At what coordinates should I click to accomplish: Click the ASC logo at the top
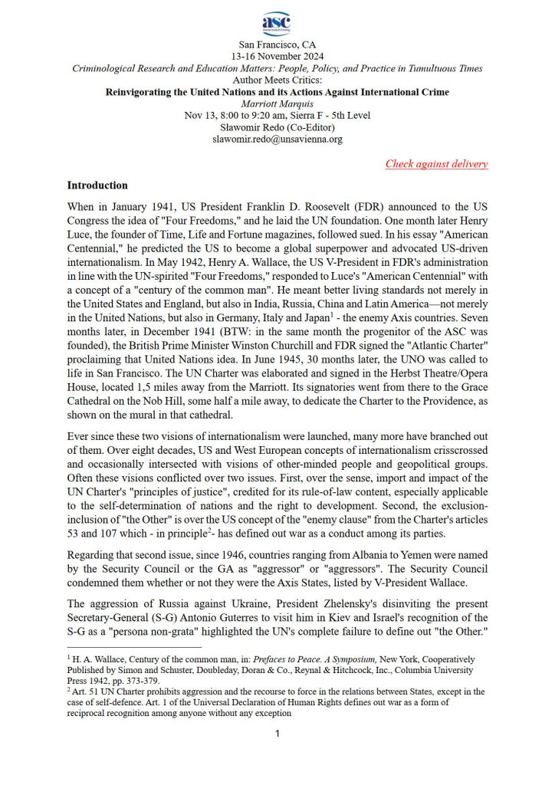pyautogui.click(x=277, y=24)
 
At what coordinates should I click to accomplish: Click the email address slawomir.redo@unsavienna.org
pyautogui.click(x=277, y=140)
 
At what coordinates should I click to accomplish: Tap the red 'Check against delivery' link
pyautogui.click(x=436, y=163)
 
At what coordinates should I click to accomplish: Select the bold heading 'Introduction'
pyautogui.click(x=97, y=186)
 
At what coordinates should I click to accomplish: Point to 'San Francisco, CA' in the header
pyautogui.click(x=277, y=45)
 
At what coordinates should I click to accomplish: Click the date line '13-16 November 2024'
pyautogui.click(x=277, y=57)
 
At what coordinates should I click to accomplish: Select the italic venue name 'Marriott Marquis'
pyautogui.click(x=277, y=104)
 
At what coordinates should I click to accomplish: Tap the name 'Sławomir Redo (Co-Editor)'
pyautogui.click(x=277, y=127)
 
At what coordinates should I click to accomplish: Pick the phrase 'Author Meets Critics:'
pyautogui.click(x=277, y=80)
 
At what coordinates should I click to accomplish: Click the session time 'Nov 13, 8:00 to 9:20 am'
pyautogui.click(x=235, y=116)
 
